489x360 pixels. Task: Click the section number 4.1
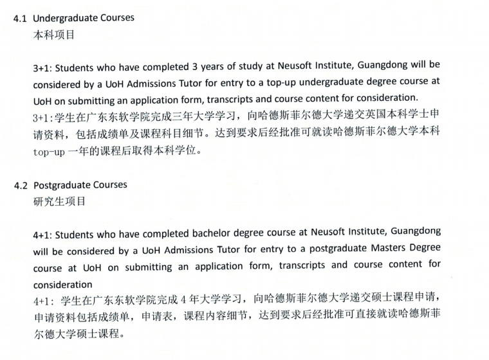point(21,18)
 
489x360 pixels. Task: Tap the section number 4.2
point(21,185)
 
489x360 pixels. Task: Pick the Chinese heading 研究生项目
point(59,201)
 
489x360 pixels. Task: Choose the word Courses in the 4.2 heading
point(109,185)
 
